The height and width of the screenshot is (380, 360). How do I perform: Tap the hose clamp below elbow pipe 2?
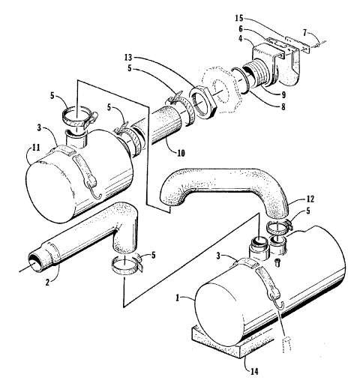[125, 264]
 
